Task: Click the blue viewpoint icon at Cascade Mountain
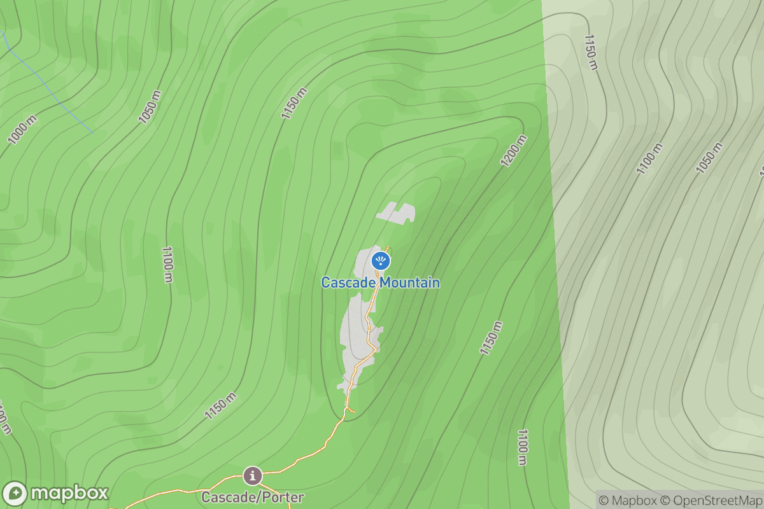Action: tap(381, 260)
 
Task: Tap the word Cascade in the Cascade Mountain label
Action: tap(348, 282)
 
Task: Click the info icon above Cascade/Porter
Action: tap(253, 475)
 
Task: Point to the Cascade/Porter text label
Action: tap(253, 497)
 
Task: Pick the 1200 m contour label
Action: tap(514, 151)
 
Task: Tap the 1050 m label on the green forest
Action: tap(150, 106)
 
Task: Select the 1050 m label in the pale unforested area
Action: tap(709, 158)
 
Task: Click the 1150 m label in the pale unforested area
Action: tap(591, 52)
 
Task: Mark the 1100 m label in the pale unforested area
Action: tap(649, 159)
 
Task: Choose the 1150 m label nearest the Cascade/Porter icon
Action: tap(220, 406)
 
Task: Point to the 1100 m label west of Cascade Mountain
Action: tap(167, 265)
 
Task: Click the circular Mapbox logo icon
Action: tap(15, 494)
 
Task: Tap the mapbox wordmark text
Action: tap(69, 494)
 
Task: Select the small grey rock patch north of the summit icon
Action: tap(396, 213)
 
